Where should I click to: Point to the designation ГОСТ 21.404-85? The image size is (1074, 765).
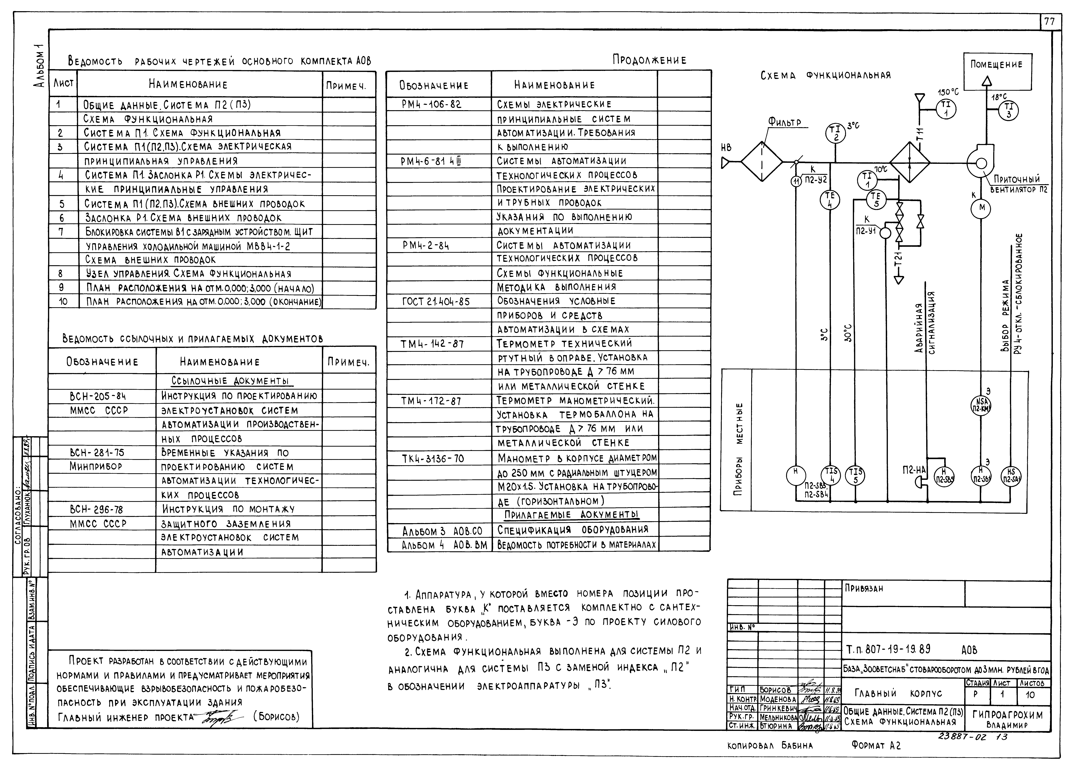pos(436,301)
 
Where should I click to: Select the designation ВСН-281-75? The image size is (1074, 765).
pos(97,453)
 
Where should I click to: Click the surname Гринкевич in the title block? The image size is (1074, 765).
pos(778,708)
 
